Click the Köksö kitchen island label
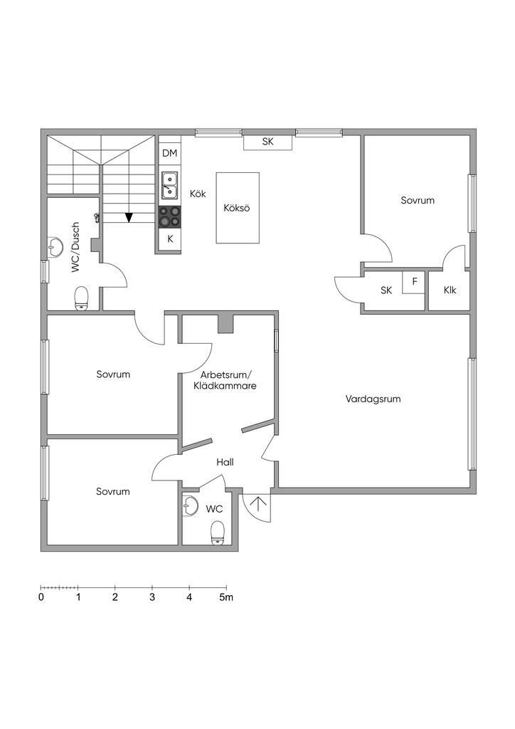[x=238, y=209]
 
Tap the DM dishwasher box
[x=169, y=153]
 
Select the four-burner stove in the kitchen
[x=169, y=216]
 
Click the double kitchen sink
[x=169, y=184]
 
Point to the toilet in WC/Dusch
[x=81, y=298]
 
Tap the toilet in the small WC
[x=218, y=532]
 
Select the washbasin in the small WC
[x=190, y=506]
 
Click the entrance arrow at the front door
[x=257, y=505]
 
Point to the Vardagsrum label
[x=373, y=399]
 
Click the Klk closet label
[x=450, y=290]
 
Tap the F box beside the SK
[x=414, y=282]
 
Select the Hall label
[x=225, y=462]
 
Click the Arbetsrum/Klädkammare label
[x=225, y=380]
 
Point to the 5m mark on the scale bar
[x=226, y=597]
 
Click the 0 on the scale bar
[x=41, y=597]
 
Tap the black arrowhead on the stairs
[x=129, y=218]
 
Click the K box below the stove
[x=170, y=239]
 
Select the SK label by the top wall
[x=267, y=142]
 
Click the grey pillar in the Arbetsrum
[x=225, y=324]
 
